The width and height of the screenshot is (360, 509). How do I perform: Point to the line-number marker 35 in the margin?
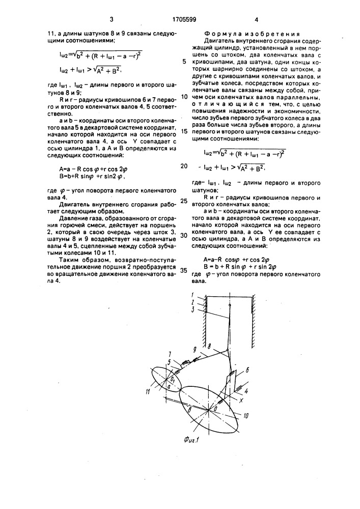tap(184, 270)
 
